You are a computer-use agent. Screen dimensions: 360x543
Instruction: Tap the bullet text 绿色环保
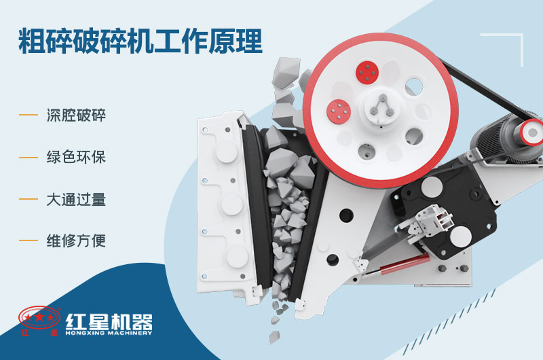pyautogui.click(x=77, y=158)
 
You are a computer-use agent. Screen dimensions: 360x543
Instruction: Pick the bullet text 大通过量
pyautogui.click(x=77, y=200)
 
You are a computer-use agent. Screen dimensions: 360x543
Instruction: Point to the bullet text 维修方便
pyautogui.click(x=77, y=241)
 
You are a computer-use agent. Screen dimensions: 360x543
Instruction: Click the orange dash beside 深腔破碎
pyautogui.click(x=29, y=115)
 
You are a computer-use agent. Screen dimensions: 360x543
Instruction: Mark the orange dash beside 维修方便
pyautogui.click(x=29, y=241)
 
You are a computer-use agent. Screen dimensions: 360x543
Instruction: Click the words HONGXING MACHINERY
pyautogui.click(x=109, y=333)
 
